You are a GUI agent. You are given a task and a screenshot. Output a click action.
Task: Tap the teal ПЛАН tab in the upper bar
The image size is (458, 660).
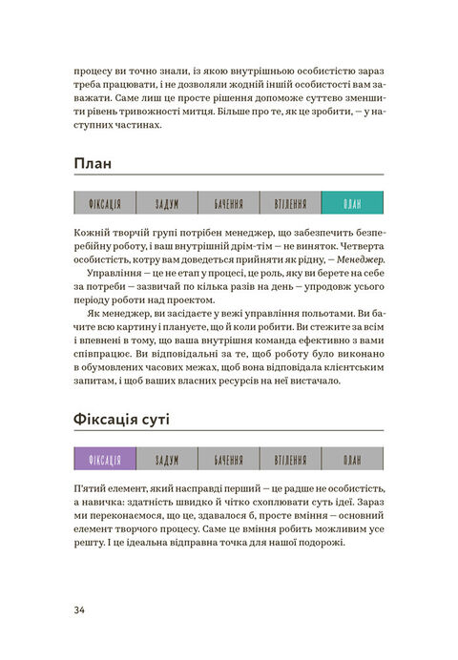pyautogui.click(x=352, y=203)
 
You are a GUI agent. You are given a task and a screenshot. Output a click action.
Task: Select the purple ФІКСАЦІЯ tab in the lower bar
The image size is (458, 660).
pyautogui.click(x=103, y=459)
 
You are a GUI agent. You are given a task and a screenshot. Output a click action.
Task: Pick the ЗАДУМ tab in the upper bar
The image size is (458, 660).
pyautogui.click(x=166, y=203)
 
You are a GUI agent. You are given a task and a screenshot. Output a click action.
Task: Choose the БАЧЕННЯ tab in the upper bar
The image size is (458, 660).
pyautogui.click(x=228, y=203)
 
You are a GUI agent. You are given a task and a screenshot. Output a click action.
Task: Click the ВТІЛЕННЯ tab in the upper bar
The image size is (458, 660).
pyautogui.click(x=290, y=203)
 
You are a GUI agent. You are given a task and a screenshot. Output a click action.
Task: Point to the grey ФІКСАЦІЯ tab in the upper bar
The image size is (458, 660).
pyautogui.click(x=103, y=203)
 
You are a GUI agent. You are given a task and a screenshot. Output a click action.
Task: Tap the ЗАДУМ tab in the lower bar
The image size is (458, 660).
pyautogui.click(x=166, y=459)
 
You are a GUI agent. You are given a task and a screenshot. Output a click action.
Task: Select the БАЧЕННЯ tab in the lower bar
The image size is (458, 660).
pyautogui.click(x=228, y=459)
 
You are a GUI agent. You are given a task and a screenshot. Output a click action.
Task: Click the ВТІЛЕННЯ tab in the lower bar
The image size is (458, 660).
pyautogui.click(x=290, y=459)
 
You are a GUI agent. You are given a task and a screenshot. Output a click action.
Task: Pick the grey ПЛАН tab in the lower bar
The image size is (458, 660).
pyautogui.click(x=352, y=459)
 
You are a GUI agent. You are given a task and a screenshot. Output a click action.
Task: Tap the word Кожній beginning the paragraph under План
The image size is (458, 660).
pyautogui.click(x=92, y=232)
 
